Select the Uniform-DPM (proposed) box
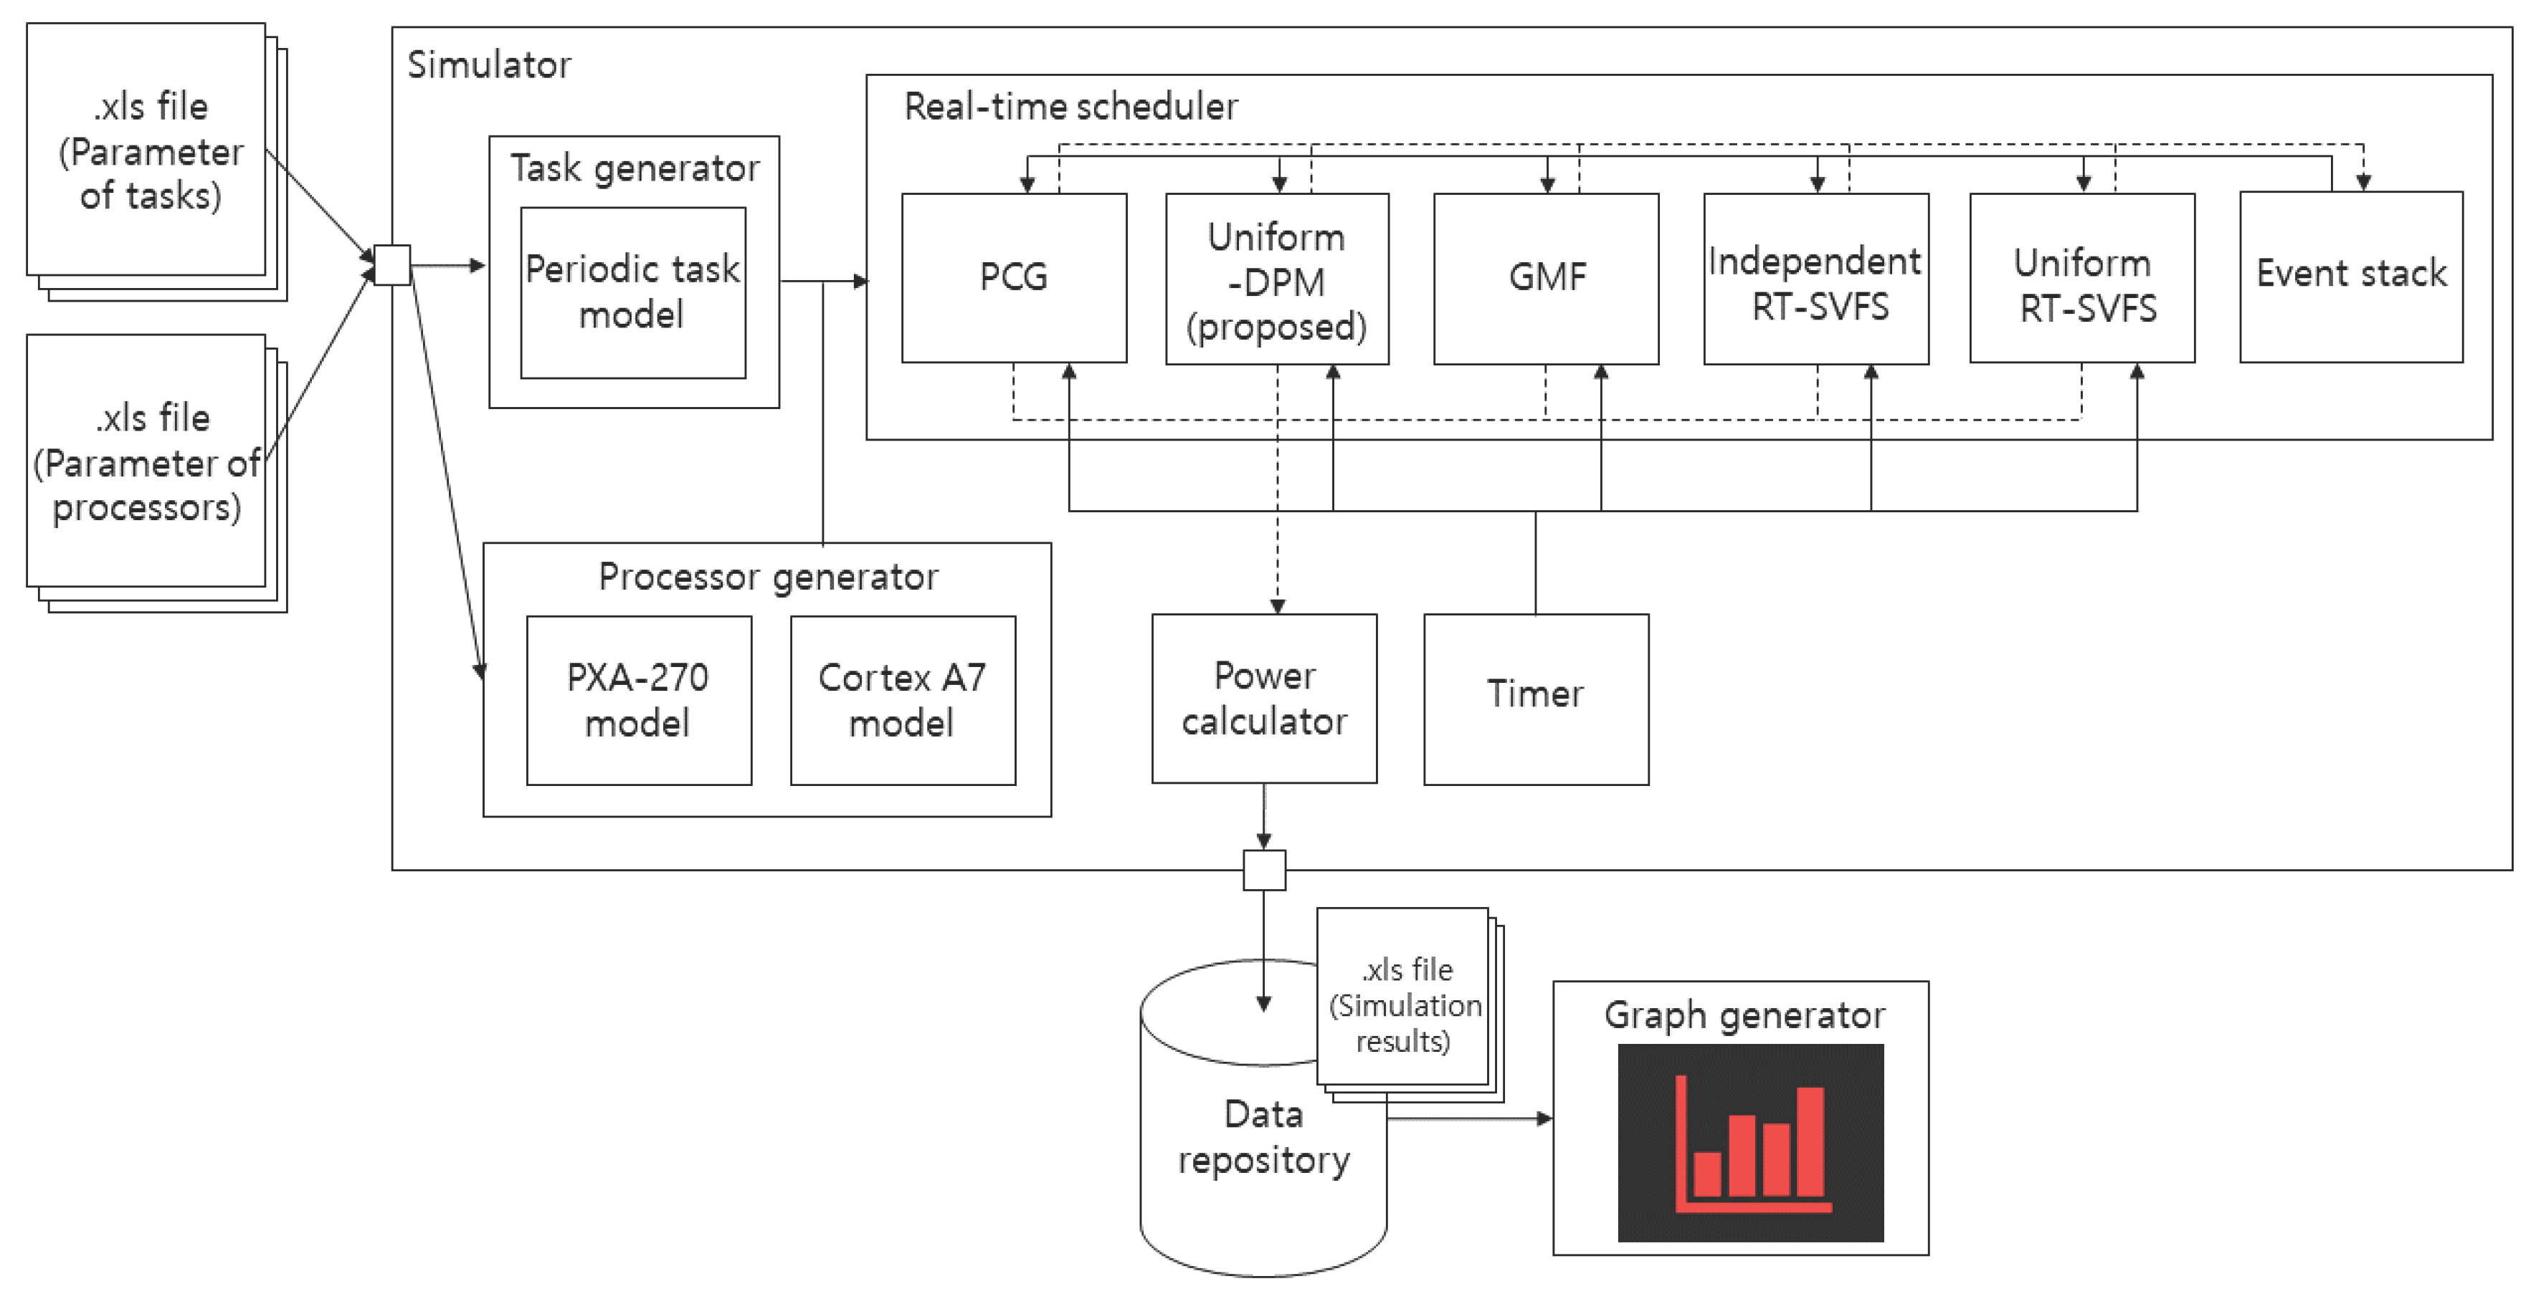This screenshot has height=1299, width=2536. click(1277, 279)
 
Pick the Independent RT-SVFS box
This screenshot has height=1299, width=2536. click(1815, 279)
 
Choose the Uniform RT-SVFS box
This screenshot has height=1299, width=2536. click(2082, 279)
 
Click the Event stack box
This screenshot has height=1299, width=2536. click(2351, 276)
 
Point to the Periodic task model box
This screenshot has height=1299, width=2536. click(633, 292)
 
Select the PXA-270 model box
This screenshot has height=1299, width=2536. click(639, 700)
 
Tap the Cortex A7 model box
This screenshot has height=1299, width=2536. click(903, 700)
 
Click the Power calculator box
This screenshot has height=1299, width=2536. click(1264, 699)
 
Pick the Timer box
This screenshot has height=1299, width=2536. click(1536, 699)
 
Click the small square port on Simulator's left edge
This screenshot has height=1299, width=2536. click(391, 264)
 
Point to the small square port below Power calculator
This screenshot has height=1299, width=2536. click(1264, 870)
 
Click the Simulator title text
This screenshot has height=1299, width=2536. click(489, 65)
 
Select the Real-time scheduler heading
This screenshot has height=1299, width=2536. click(1071, 106)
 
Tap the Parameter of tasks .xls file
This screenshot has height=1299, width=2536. click(148, 150)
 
